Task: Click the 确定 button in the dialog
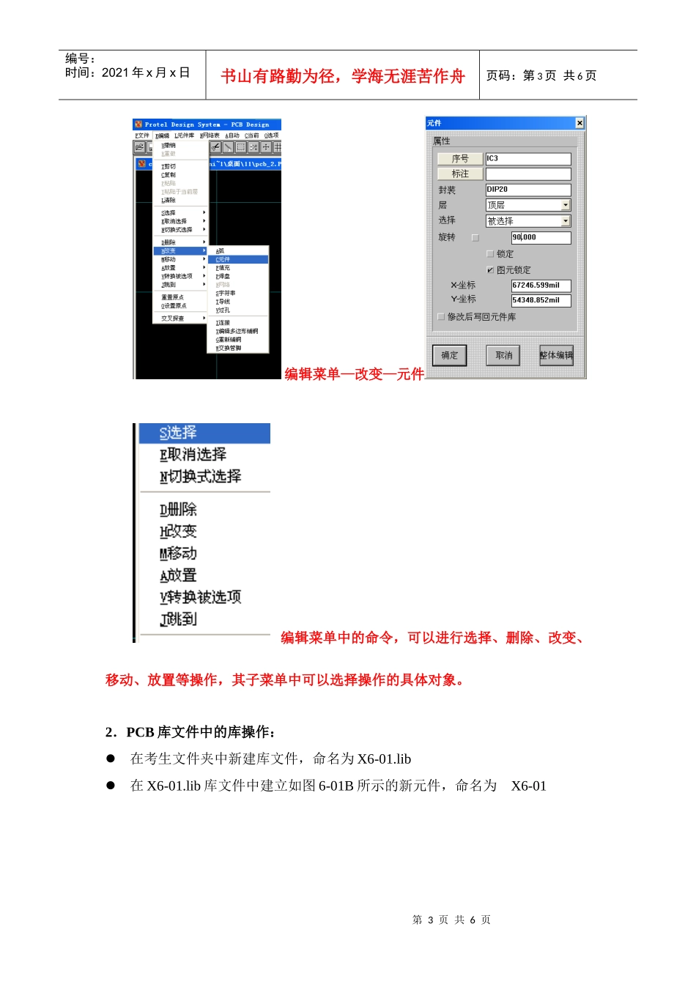pos(449,356)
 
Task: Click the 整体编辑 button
pos(556,356)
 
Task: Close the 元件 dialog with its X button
pos(580,123)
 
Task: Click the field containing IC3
pos(527,159)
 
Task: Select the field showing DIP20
pos(527,190)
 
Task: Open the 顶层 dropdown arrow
pos(566,206)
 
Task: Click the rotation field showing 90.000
pos(541,238)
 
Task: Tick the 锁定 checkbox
pos(490,254)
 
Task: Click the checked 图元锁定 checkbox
pos(490,270)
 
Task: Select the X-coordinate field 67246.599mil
pos(541,286)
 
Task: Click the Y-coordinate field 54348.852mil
pos(541,300)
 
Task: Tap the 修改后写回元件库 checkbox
pos(441,317)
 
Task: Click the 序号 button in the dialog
pos(460,159)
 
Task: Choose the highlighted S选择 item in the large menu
pos(204,433)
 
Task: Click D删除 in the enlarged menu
pos(179,510)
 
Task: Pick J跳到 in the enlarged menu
pos(179,619)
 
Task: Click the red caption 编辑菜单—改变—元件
pos(355,374)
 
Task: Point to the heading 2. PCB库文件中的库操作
pos(191,732)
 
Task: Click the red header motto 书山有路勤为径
pos(343,76)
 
